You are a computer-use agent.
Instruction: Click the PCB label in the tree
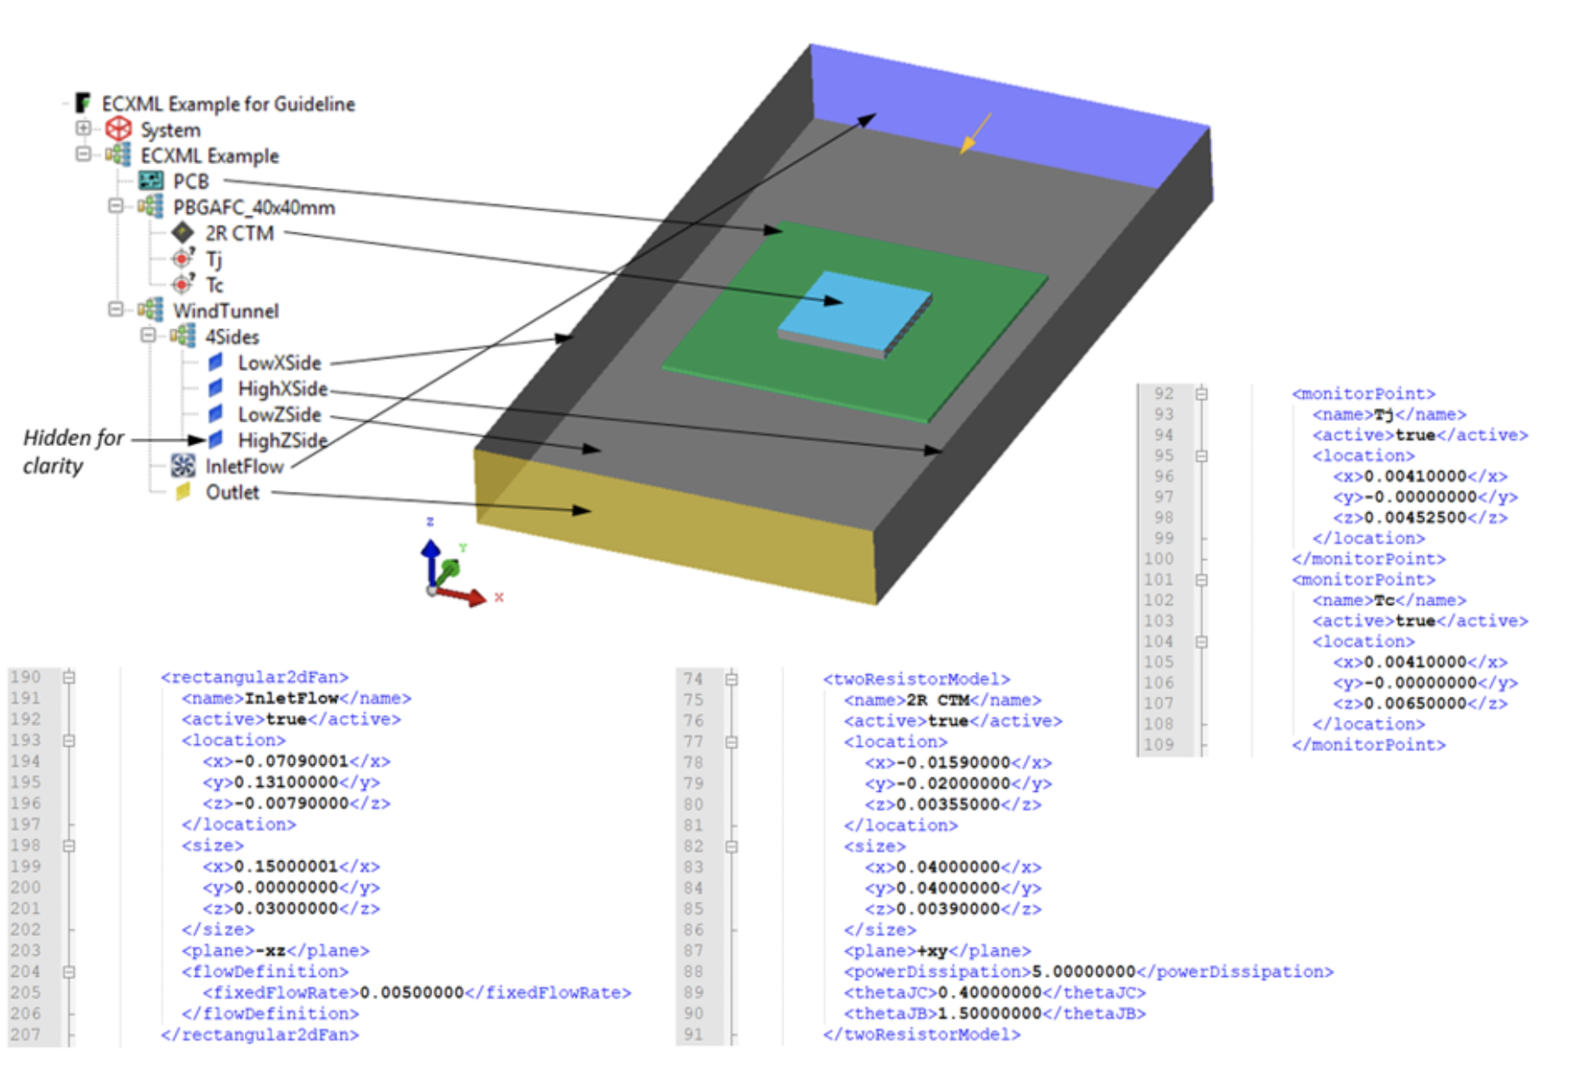click(191, 182)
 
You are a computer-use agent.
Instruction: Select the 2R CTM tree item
click(239, 233)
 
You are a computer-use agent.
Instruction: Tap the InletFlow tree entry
click(244, 467)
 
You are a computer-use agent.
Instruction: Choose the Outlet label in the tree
click(232, 493)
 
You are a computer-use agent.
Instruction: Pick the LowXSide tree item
click(279, 363)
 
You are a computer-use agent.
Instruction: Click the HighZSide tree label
click(282, 441)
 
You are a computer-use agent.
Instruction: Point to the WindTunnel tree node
click(226, 311)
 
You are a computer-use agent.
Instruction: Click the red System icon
click(118, 130)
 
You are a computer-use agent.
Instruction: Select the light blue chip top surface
click(852, 307)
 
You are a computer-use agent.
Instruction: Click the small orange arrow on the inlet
click(975, 135)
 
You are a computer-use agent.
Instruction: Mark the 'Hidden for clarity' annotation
click(73, 451)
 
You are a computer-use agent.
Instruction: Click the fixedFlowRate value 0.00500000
click(412, 992)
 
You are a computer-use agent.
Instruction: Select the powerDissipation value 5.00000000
click(1083, 972)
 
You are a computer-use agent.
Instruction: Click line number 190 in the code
click(26, 677)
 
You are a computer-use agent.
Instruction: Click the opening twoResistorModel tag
click(917, 679)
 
